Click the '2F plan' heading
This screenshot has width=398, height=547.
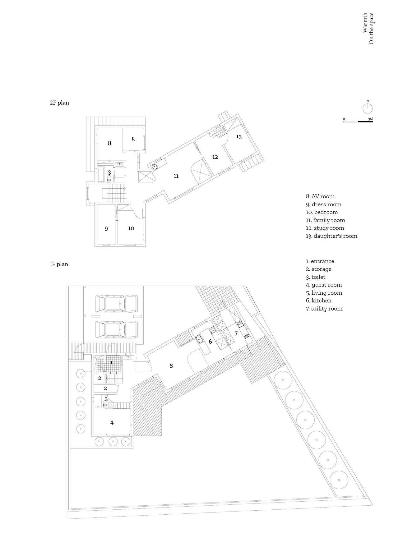pyautogui.click(x=59, y=103)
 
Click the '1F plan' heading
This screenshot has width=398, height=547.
pyautogui.click(x=59, y=264)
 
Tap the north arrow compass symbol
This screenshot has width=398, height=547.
pyautogui.click(x=368, y=108)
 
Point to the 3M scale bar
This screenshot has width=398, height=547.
pyautogui.click(x=358, y=121)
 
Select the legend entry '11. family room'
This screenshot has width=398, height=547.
pyautogui.click(x=326, y=220)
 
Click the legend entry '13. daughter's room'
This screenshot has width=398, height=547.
pyautogui.click(x=331, y=236)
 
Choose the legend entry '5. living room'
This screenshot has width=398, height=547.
pyautogui.click(x=324, y=293)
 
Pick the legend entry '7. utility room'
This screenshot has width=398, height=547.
pyautogui.click(x=324, y=309)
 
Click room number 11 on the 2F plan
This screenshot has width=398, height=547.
pyautogui.click(x=176, y=176)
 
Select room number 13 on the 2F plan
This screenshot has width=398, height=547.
pyautogui.click(x=239, y=136)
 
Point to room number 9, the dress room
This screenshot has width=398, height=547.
pyautogui.click(x=106, y=229)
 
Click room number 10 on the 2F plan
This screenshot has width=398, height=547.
pyautogui.click(x=131, y=228)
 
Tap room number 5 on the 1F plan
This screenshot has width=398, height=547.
pyautogui.click(x=171, y=366)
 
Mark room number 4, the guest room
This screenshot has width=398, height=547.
pyautogui.click(x=112, y=423)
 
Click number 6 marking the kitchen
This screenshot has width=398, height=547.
pyautogui.click(x=211, y=342)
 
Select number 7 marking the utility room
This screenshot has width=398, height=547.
pyautogui.click(x=236, y=333)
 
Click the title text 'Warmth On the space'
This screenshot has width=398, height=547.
pyautogui.click(x=368, y=28)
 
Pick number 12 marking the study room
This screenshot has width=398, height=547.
pyautogui.click(x=215, y=157)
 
